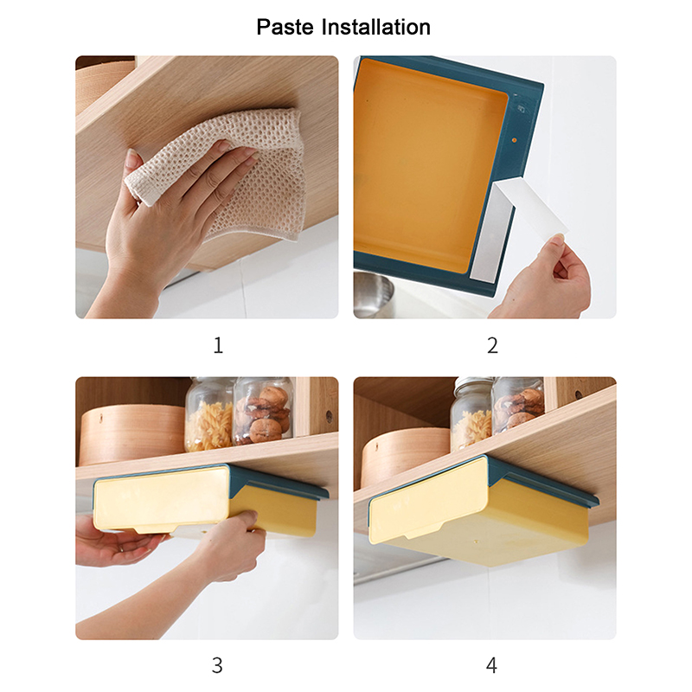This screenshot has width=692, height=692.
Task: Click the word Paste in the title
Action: [285, 27]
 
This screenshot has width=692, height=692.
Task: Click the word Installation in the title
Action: [376, 27]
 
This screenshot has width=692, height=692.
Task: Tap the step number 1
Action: [218, 345]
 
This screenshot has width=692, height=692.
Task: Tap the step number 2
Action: [492, 345]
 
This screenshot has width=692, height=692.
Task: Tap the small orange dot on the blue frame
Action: [514, 140]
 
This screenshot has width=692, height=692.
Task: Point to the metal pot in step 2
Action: [373, 295]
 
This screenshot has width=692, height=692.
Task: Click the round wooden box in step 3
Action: [132, 435]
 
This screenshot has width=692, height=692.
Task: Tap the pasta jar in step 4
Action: [471, 413]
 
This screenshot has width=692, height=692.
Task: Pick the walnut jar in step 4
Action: [518, 404]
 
